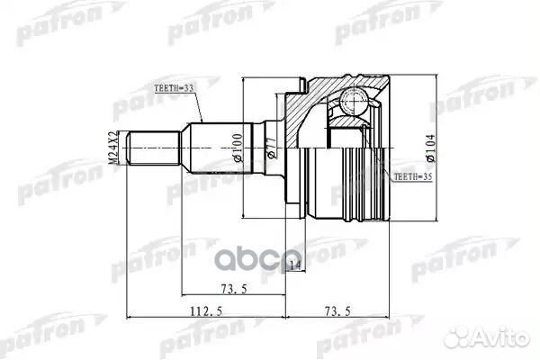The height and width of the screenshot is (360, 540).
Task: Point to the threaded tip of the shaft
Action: [144, 148]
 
